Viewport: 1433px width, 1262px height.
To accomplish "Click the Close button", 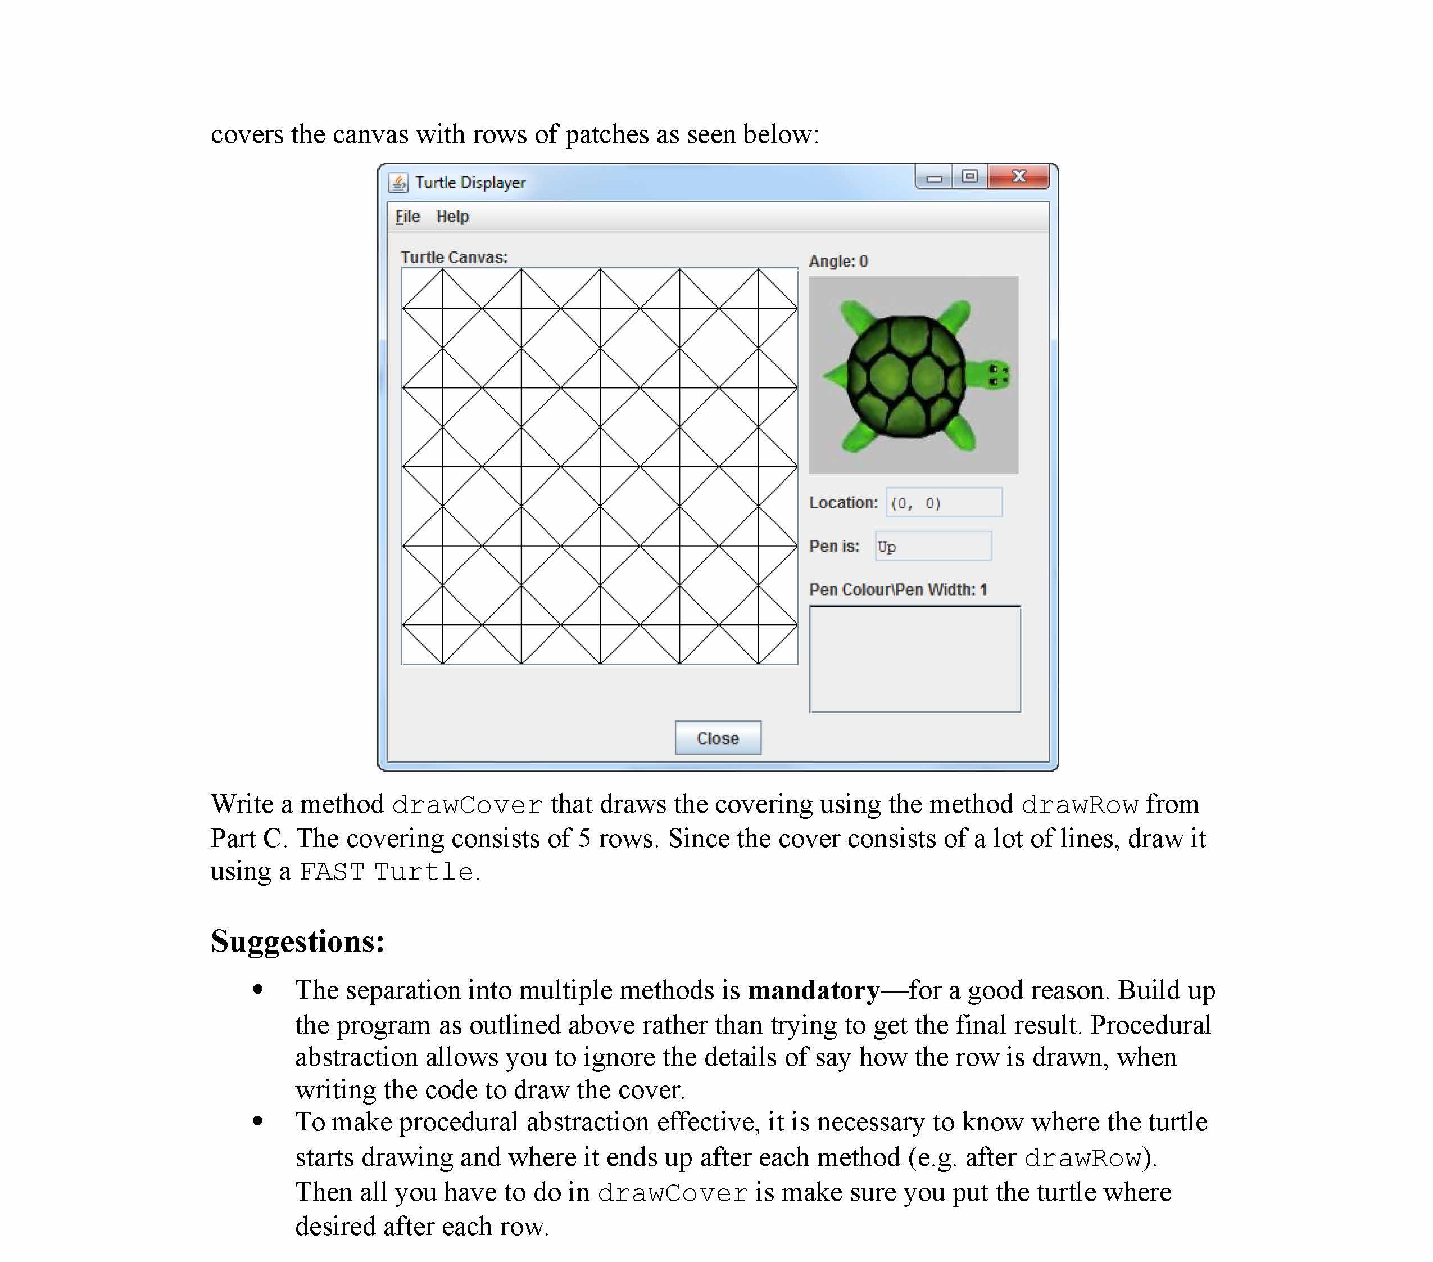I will click(x=717, y=738).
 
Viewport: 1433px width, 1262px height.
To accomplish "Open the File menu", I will click(x=407, y=217).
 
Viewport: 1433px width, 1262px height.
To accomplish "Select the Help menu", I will click(x=452, y=217).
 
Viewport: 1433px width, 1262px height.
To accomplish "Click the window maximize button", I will click(x=969, y=177).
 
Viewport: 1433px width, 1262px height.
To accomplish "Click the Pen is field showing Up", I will click(x=932, y=546).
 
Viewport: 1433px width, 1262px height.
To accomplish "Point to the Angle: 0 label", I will click(x=838, y=262).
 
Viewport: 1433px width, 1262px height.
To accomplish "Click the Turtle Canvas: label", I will click(x=454, y=258).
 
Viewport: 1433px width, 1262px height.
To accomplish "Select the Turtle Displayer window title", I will click(x=470, y=182).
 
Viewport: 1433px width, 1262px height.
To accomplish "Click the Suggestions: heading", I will click(x=297, y=941).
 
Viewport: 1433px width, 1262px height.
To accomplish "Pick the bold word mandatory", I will click(x=813, y=990).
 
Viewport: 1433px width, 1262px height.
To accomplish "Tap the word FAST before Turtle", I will click(x=332, y=872).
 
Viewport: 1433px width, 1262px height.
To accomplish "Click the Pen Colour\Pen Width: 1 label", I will click(x=897, y=589).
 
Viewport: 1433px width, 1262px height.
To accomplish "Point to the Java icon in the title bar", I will click(x=398, y=182).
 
